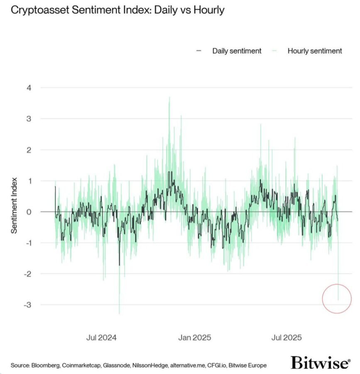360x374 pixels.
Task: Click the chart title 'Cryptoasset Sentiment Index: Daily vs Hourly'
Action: point(118,10)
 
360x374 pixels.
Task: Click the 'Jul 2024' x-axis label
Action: point(102,337)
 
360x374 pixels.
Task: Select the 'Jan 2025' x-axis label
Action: point(195,337)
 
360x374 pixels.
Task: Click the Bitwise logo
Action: point(320,363)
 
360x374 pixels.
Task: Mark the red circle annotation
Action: point(337,298)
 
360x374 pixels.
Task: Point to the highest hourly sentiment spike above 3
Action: point(169,98)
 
